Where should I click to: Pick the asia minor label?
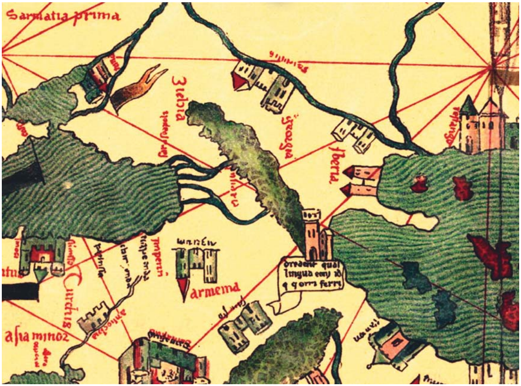point(36,337)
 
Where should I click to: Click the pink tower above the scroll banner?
point(318,234)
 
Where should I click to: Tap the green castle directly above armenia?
point(197,263)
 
